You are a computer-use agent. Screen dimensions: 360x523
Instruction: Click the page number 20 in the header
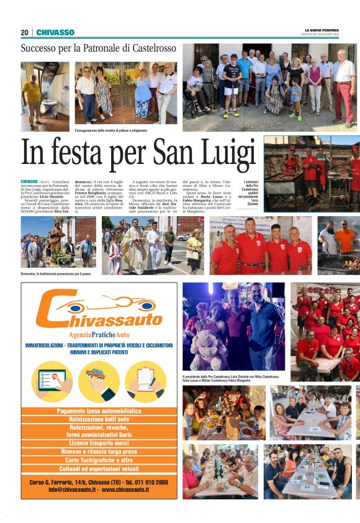[25, 32]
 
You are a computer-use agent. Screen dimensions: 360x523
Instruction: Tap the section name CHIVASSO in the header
[55, 32]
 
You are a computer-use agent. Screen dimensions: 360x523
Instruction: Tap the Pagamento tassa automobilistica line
[99, 411]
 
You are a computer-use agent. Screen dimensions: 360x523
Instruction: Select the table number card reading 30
[315, 429]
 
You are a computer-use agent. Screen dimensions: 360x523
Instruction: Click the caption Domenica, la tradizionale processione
[56, 273]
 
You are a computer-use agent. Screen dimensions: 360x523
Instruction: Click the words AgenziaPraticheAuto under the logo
[99, 335]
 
